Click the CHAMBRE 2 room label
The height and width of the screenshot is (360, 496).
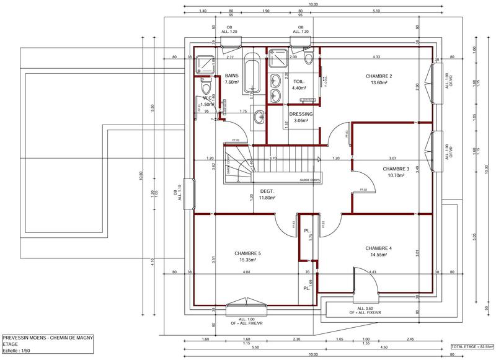click(x=380, y=76)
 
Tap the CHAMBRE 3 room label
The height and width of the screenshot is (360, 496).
click(x=396, y=169)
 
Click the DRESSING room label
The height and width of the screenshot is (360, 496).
click(x=301, y=114)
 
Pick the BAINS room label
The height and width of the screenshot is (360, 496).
click(x=232, y=75)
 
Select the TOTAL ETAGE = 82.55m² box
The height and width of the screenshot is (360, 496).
click(x=472, y=346)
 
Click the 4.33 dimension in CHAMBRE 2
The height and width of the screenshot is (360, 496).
click(x=376, y=57)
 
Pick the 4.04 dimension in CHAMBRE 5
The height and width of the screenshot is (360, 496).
click(x=246, y=272)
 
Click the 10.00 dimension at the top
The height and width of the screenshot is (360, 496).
click(x=313, y=4)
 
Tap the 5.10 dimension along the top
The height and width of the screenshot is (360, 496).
click(x=377, y=11)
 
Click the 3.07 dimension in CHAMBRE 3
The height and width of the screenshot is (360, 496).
click(x=392, y=159)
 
